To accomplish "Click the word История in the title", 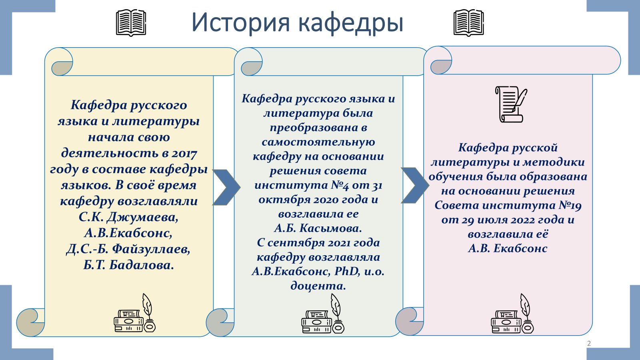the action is [x=241, y=22].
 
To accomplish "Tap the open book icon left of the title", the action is [x=131, y=23].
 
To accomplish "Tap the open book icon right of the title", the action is [x=468, y=23].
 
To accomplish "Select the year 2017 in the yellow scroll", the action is [x=184, y=154].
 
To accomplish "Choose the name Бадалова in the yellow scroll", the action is [x=142, y=265].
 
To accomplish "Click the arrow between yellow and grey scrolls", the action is [x=226, y=188].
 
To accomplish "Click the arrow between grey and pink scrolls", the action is [x=415, y=186].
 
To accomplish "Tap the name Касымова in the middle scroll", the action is [x=330, y=228].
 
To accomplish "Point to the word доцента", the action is [x=318, y=286].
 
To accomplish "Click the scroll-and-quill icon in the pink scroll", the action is [x=511, y=104].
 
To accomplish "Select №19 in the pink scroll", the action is [x=570, y=206].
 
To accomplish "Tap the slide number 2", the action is [x=589, y=344].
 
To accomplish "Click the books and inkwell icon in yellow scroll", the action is [x=134, y=313].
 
